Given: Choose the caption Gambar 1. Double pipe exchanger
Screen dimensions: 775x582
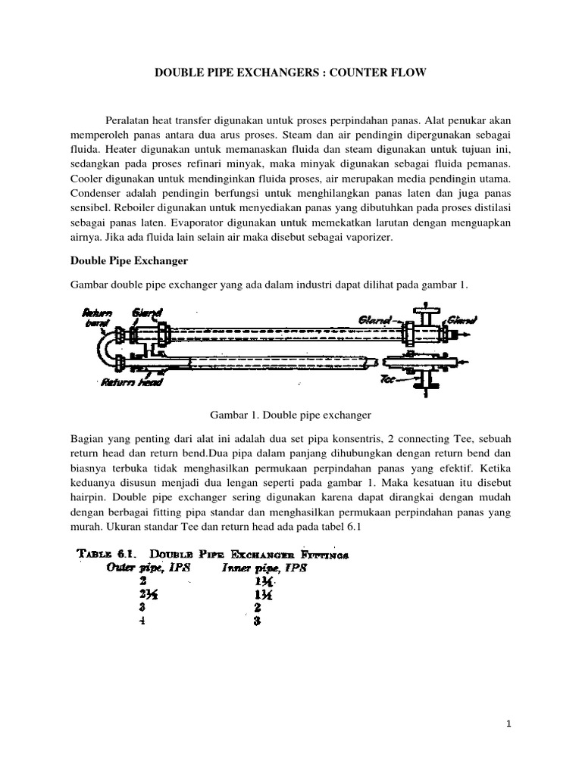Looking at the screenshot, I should tap(290, 416).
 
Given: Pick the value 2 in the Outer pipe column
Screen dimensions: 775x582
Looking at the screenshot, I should tap(120, 582).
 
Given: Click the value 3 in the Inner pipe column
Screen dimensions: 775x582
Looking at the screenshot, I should tap(258, 622).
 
